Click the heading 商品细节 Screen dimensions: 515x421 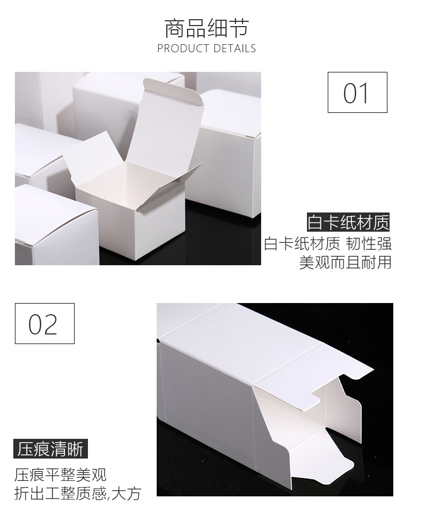[206, 28]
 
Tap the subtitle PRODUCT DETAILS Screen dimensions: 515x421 [206, 48]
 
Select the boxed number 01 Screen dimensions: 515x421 [357, 93]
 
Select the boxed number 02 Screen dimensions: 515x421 [44, 323]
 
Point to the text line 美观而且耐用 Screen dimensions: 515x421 [345, 262]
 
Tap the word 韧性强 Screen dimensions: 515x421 [368, 243]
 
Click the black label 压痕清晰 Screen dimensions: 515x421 [51, 449]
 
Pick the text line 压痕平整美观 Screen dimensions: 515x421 [61, 473]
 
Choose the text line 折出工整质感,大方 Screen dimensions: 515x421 [78, 493]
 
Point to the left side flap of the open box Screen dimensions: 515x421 [91, 160]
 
